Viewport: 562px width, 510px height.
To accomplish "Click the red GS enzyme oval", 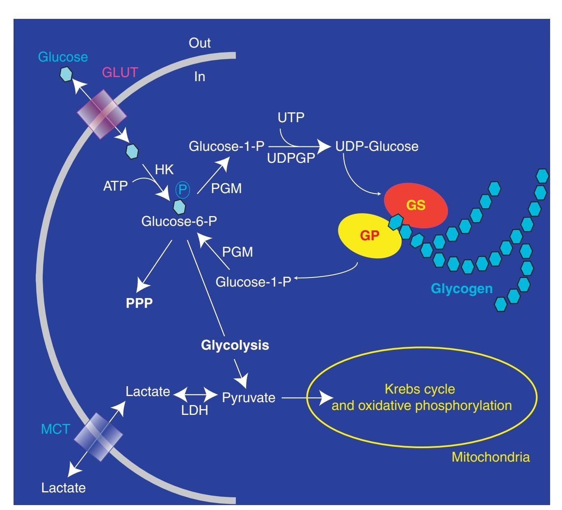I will (416, 205).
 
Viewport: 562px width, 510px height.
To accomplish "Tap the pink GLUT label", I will (119, 72).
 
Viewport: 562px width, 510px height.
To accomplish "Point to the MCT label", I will (55, 429).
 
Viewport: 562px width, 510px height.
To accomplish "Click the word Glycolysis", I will (235, 345).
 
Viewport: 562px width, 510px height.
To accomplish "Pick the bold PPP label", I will (139, 303).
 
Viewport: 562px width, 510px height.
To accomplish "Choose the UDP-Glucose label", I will (377, 146).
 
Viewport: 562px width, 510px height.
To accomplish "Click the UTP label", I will (291, 118).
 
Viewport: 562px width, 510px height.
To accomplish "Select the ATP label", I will (115, 186).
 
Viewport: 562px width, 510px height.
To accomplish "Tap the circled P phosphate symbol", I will (183, 189).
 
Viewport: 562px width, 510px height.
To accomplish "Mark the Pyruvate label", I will (249, 397).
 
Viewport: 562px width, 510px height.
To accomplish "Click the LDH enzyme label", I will (194, 410).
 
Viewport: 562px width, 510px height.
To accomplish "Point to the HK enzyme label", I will (164, 170).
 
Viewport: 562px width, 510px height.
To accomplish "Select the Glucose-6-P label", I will (179, 221).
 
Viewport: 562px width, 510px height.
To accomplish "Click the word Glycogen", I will (461, 289).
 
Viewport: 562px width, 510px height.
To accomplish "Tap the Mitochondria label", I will (491, 457).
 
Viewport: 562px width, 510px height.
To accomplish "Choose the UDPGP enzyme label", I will (291, 158).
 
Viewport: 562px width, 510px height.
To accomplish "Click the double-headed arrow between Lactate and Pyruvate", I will (195, 395).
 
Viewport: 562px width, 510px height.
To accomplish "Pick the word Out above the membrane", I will (199, 43).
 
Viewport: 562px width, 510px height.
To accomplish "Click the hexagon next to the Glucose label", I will (66, 74).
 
